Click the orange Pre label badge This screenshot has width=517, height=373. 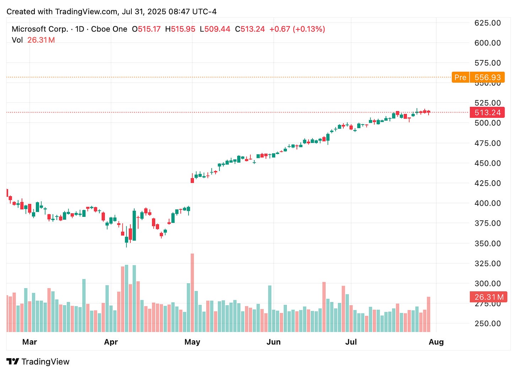point(460,77)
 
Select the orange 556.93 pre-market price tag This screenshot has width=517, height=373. point(487,77)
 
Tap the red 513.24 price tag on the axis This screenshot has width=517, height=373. point(487,113)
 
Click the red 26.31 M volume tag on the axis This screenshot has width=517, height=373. point(489,297)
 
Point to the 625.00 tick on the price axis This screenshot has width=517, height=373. point(488,23)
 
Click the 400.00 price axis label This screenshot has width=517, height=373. point(488,203)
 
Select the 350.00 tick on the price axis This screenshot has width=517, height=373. point(488,243)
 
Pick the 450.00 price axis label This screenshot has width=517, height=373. point(488,163)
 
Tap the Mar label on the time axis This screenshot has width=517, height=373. point(29,342)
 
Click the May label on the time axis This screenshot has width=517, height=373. point(192,342)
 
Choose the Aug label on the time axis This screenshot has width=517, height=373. point(436,342)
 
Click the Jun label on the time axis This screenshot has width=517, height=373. point(273,342)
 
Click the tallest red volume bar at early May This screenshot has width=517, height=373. point(192,293)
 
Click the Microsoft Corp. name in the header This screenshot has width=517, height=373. point(40,29)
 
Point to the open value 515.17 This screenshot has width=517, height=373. point(149,29)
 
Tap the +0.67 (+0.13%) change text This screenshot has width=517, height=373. point(297,29)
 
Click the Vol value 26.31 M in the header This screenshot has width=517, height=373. point(41,40)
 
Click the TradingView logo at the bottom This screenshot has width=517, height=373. point(38,362)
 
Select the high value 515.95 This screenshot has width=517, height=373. point(183,29)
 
